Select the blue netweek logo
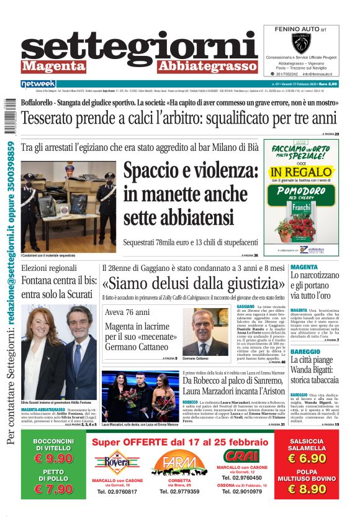click(38, 84)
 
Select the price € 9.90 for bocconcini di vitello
click(53, 458)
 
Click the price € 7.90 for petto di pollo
click(53, 489)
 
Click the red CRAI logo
click(241, 455)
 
